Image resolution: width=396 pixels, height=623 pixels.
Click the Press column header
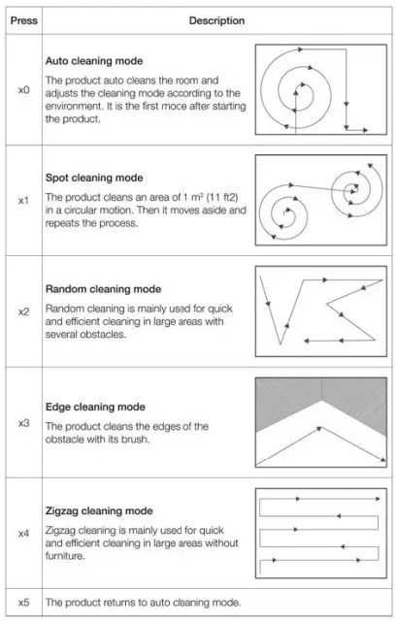click(x=23, y=18)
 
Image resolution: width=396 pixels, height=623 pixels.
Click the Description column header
click(x=217, y=18)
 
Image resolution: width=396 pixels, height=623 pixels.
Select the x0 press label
click(x=23, y=89)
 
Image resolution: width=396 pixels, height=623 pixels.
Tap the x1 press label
click(x=23, y=200)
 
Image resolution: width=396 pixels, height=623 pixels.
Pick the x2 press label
click(x=23, y=311)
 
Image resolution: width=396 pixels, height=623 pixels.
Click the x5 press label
click(x=23, y=603)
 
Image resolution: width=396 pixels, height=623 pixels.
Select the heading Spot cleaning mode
click(x=93, y=178)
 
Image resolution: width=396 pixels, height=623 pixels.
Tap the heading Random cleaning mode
click(x=102, y=289)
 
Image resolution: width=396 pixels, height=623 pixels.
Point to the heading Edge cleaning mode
click(x=95, y=407)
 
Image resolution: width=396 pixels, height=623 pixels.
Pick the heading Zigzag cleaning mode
click(x=99, y=510)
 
